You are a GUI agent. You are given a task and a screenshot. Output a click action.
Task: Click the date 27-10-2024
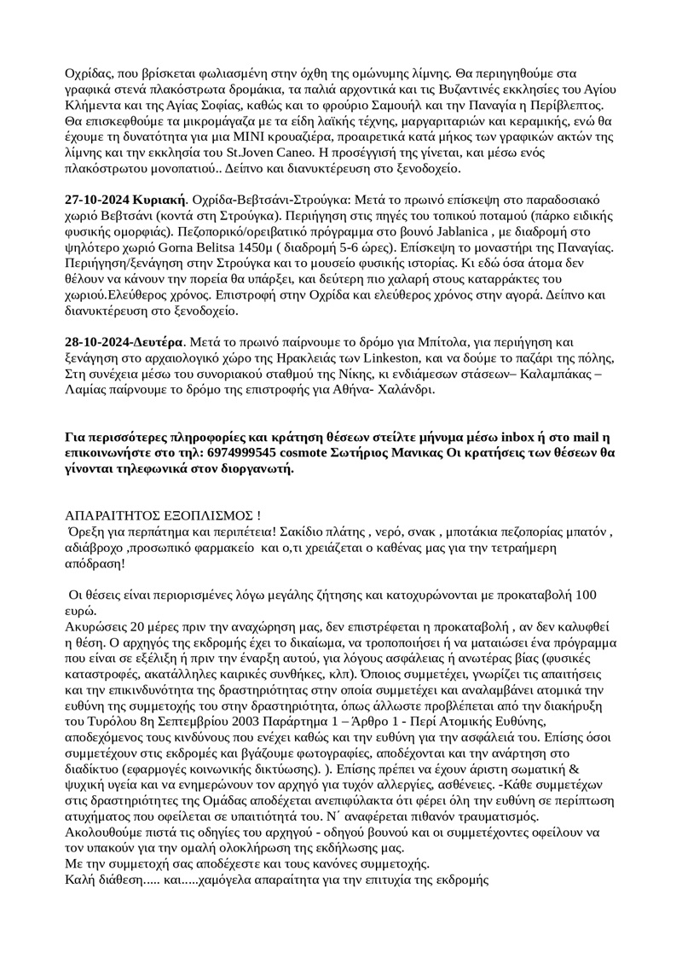(96, 199)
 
